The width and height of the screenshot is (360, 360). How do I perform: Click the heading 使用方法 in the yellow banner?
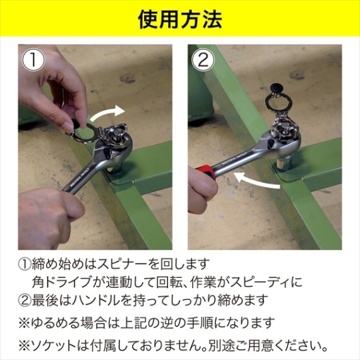pyautogui.click(x=180, y=20)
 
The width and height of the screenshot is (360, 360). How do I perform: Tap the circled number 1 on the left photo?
pyautogui.click(x=33, y=60)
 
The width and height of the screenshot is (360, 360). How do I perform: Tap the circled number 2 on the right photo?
pyautogui.click(x=203, y=60)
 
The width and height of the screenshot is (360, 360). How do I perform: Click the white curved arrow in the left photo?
pyautogui.click(x=107, y=112)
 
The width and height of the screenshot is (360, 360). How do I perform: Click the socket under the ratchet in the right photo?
pyautogui.click(x=284, y=162)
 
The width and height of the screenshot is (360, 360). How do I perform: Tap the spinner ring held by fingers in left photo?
pyautogui.click(x=85, y=131)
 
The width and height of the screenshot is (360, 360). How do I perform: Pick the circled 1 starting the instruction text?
pyautogui.click(x=25, y=264)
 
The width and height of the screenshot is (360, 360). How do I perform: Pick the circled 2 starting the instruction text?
pyautogui.click(x=25, y=300)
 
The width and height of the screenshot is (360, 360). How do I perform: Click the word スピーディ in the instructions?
pyautogui.click(x=261, y=282)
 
